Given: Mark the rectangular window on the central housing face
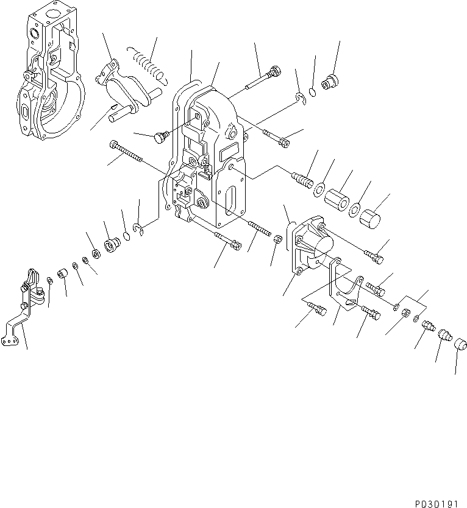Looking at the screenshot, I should pyautogui.click(x=230, y=150).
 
